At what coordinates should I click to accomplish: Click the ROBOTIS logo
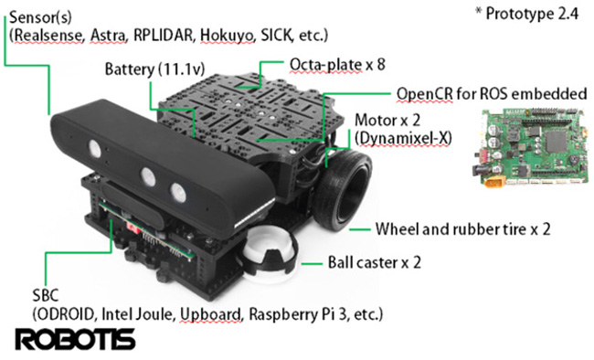(75, 339)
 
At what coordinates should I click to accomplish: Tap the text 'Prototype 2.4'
(532, 14)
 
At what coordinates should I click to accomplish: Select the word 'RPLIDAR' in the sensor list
(164, 36)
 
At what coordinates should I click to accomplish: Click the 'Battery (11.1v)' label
(154, 69)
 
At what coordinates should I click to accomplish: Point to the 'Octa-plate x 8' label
(337, 65)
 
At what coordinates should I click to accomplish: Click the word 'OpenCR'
(424, 94)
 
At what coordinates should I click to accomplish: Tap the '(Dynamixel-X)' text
(403, 138)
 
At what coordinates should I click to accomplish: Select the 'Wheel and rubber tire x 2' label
(463, 229)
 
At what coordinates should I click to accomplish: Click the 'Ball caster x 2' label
(375, 262)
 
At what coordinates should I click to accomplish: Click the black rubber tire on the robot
(343, 189)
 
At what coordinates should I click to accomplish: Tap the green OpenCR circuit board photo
(531, 149)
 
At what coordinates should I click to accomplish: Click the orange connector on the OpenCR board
(493, 184)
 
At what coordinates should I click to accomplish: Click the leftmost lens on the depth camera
(95, 148)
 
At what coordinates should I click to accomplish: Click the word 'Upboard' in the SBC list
(210, 315)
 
